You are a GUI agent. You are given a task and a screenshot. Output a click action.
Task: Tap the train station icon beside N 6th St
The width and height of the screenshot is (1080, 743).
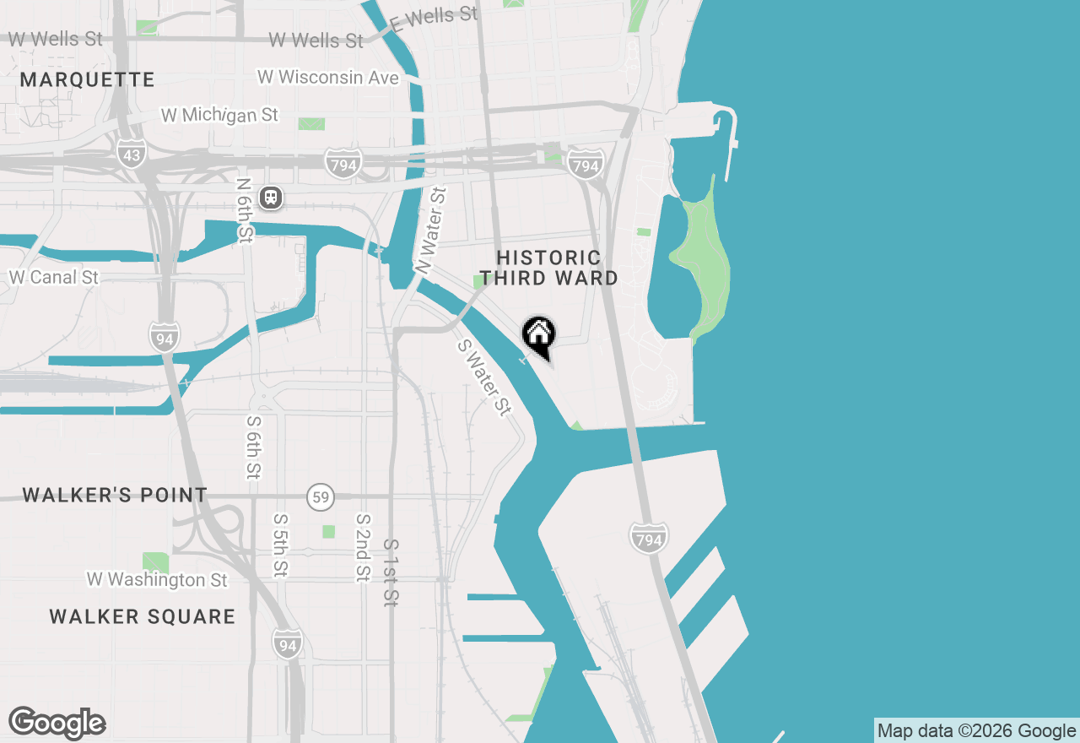[271, 198]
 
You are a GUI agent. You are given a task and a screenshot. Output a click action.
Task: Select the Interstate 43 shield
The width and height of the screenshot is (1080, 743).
[132, 155]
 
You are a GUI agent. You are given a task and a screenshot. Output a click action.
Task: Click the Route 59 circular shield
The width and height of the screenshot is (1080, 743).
[321, 497]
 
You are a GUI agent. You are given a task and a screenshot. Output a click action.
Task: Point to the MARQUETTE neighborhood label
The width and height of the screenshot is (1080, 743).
[88, 80]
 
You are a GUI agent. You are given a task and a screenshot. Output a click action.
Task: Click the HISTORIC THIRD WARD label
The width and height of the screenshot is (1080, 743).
[548, 268]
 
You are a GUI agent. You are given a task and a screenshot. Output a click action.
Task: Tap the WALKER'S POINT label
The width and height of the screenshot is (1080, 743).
[115, 495]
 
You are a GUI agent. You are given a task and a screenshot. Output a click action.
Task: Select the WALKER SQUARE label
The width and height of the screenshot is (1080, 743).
[143, 616]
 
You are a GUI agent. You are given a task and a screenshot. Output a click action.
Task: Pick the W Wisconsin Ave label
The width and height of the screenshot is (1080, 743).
[328, 77]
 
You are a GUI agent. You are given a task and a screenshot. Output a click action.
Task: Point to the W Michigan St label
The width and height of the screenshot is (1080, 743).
[219, 114]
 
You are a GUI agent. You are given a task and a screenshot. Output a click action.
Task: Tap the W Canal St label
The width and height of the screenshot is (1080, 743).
[54, 277]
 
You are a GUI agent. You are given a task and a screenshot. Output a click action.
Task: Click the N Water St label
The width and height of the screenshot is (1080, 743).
[431, 230]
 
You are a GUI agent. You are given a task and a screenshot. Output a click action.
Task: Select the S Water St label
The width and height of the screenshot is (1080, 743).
[484, 377]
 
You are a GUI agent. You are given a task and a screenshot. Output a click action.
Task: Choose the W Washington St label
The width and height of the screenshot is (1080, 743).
[157, 580]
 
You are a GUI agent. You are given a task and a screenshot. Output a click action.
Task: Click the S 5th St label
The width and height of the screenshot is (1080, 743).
[280, 545]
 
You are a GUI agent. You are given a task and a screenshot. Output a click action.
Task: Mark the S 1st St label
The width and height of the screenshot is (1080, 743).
[391, 572]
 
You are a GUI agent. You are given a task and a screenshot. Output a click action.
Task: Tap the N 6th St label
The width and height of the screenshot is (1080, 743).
[245, 210]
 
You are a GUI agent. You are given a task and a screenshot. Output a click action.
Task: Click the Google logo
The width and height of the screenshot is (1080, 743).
[57, 723]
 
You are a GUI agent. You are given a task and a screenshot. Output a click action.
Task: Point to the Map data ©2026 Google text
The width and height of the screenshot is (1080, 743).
[977, 731]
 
